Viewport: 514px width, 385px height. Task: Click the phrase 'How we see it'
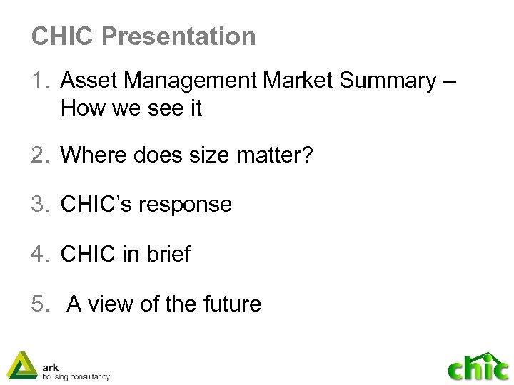[132, 108]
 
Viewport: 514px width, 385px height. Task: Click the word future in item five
[229, 304]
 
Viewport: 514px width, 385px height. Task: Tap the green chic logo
[478, 368]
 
